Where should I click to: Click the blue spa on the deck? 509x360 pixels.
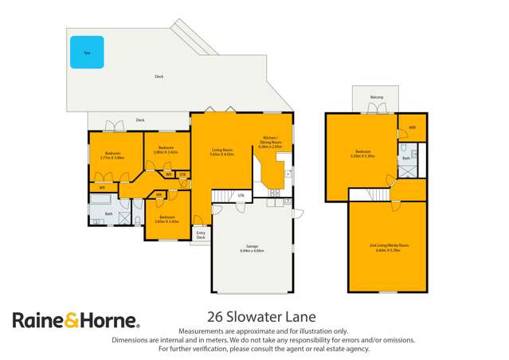[86, 52]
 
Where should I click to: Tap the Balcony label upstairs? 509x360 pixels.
[377, 97]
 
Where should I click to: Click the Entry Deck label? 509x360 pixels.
[201, 235]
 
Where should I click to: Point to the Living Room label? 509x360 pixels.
[221, 151]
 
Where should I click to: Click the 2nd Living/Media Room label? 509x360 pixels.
[389, 245]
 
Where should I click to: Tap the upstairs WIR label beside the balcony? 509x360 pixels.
[412, 127]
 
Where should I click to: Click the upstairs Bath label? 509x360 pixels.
[406, 159]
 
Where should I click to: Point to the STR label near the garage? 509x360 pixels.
[241, 194]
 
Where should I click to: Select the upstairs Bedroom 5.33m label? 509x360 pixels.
[363, 153]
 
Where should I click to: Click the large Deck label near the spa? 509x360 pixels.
[159, 76]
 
